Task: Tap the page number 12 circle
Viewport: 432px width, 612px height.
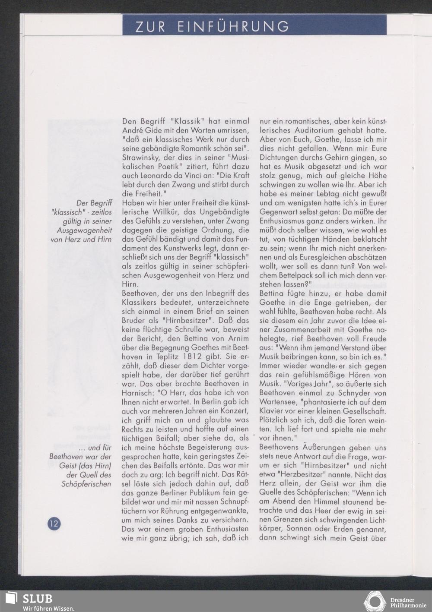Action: (54, 524)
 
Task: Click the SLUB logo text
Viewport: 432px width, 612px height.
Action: (37, 599)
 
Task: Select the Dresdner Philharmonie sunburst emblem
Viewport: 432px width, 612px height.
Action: (375, 601)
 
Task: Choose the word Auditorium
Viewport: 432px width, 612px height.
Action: (311, 130)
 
